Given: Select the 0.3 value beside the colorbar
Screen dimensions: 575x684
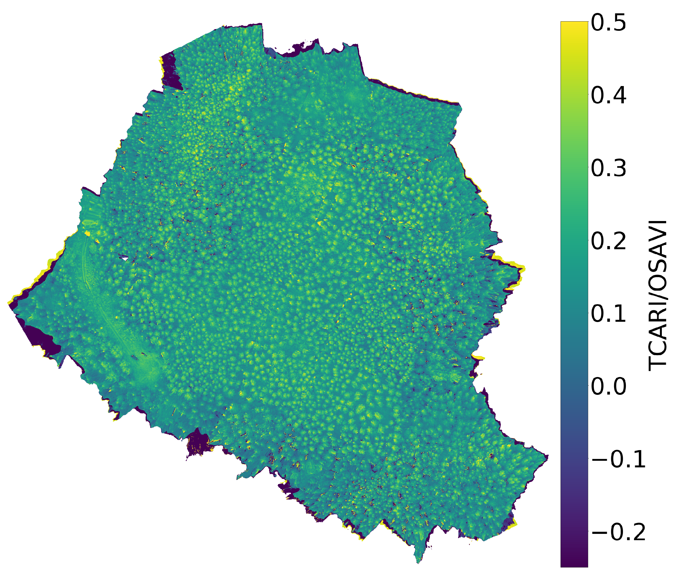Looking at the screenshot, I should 608,169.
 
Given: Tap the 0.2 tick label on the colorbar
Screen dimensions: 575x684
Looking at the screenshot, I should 608,241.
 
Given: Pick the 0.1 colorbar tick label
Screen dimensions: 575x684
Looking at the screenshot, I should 608,314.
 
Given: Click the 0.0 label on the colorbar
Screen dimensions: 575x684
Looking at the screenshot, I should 608,386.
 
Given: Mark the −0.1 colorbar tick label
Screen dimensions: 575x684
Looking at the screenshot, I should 618,460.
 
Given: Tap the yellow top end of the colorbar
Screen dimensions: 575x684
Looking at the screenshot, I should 574,24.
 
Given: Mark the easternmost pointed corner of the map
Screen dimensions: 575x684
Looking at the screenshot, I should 548,457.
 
